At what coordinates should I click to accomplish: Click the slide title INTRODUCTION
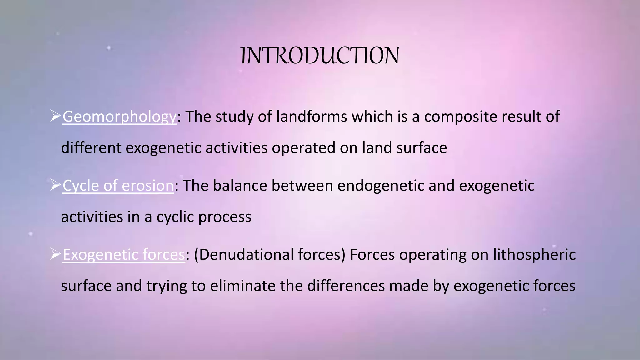320,56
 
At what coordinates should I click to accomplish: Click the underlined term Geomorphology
119,117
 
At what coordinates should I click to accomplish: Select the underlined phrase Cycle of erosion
118,186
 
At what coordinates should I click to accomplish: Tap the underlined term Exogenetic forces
124,255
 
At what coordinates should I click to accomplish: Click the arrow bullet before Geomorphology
55,116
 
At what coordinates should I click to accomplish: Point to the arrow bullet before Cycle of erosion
55,185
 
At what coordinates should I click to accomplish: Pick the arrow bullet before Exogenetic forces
55,254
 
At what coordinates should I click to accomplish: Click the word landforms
312,116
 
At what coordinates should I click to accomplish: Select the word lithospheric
534,255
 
